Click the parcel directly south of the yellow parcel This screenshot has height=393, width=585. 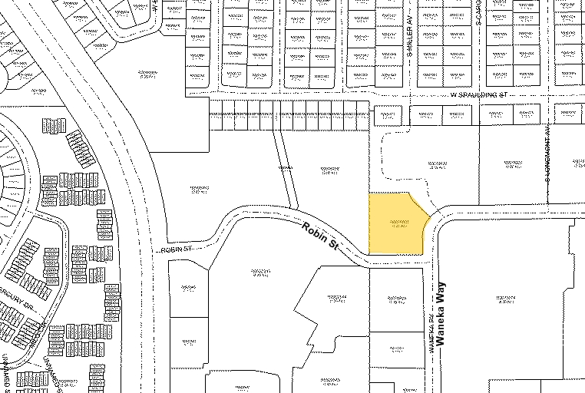click(x=396, y=299)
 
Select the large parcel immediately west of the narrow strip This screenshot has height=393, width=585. click(x=200, y=188)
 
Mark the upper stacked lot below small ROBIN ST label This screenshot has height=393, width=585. click(x=188, y=289)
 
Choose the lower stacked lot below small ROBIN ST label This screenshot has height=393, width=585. click(x=188, y=342)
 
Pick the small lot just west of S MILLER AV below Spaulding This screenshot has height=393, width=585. click(x=388, y=115)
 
